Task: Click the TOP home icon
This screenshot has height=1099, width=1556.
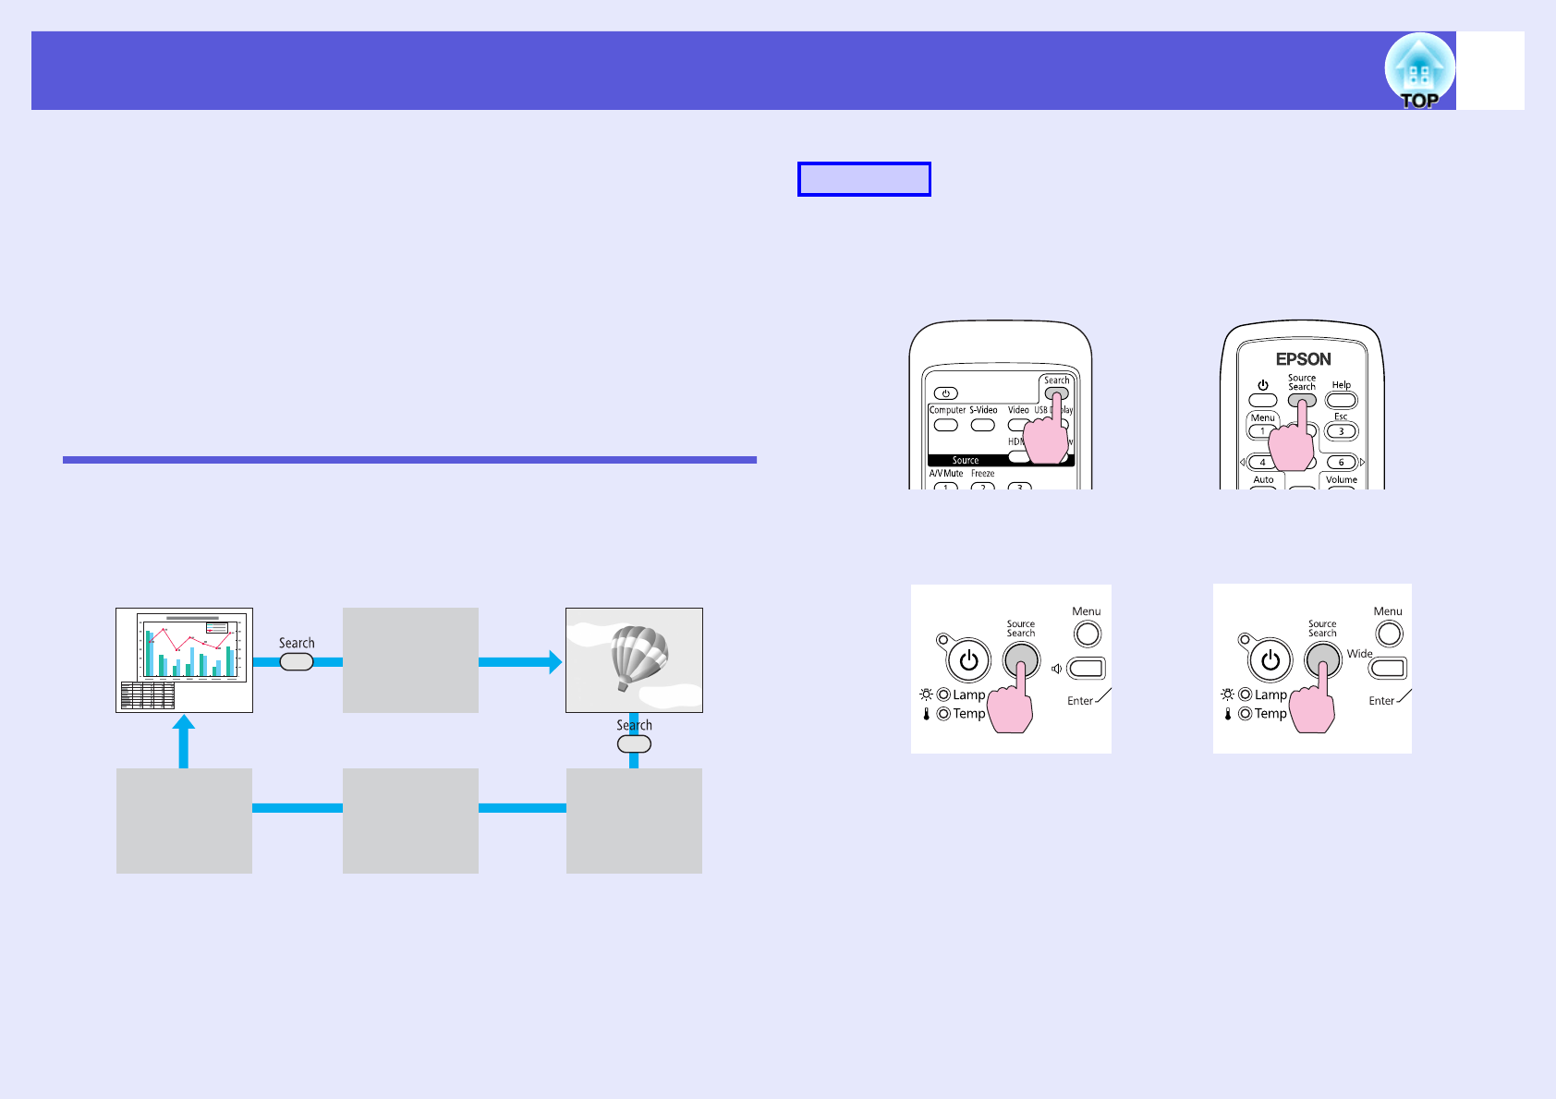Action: click(x=1419, y=71)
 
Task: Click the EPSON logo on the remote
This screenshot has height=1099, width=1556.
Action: click(x=1303, y=359)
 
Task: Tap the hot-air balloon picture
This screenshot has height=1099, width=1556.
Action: click(x=634, y=659)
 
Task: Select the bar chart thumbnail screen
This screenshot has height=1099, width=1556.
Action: click(x=184, y=659)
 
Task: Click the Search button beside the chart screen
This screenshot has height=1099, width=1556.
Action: click(x=297, y=661)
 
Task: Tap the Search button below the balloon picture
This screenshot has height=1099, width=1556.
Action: click(x=634, y=744)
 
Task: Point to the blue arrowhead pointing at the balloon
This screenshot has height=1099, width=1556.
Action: click(x=554, y=661)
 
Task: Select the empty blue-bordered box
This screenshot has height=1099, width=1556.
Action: click(x=864, y=179)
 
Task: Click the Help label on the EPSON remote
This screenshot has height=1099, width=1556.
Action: click(x=1341, y=385)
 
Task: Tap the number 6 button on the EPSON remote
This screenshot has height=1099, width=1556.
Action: click(x=1341, y=462)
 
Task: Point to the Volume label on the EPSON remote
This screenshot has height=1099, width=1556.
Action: click(x=1341, y=479)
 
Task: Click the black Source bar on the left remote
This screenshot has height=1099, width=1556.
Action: click(x=966, y=460)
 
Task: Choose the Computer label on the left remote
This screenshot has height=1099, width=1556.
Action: click(x=947, y=410)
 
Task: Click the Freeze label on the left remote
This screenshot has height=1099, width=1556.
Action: click(x=982, y=474)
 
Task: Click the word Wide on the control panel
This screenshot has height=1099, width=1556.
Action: click(x=1359, y=654)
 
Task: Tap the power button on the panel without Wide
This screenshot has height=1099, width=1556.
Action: click(x=968, y=660)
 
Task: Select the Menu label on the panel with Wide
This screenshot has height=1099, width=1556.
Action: click(x=1388, y=611)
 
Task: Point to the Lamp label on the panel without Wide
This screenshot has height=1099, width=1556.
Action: click(x=968, y=694)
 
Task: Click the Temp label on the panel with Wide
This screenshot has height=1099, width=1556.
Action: click(x=1270, y=714)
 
